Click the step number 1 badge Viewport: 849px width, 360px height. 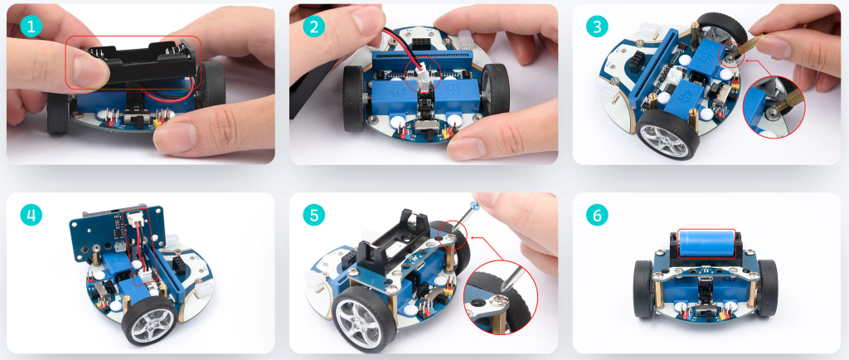coord(31,26)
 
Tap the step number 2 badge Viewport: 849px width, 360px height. coord(314,26)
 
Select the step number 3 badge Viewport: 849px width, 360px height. coord(597,26)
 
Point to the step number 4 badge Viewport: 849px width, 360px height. coord(31,215)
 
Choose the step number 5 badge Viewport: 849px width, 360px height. coord(314,215)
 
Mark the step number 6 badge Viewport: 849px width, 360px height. coord(597,215)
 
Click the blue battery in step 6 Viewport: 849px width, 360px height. coord(706,243)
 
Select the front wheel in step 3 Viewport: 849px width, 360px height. coord(666,134)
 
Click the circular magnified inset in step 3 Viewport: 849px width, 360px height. coord(774,106)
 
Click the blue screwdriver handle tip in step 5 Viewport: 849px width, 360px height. coord(475,205)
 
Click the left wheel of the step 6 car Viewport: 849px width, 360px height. coord(644,289)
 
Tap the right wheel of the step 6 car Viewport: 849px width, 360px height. coord(767,288)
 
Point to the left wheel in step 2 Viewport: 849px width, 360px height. coord(354,98)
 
